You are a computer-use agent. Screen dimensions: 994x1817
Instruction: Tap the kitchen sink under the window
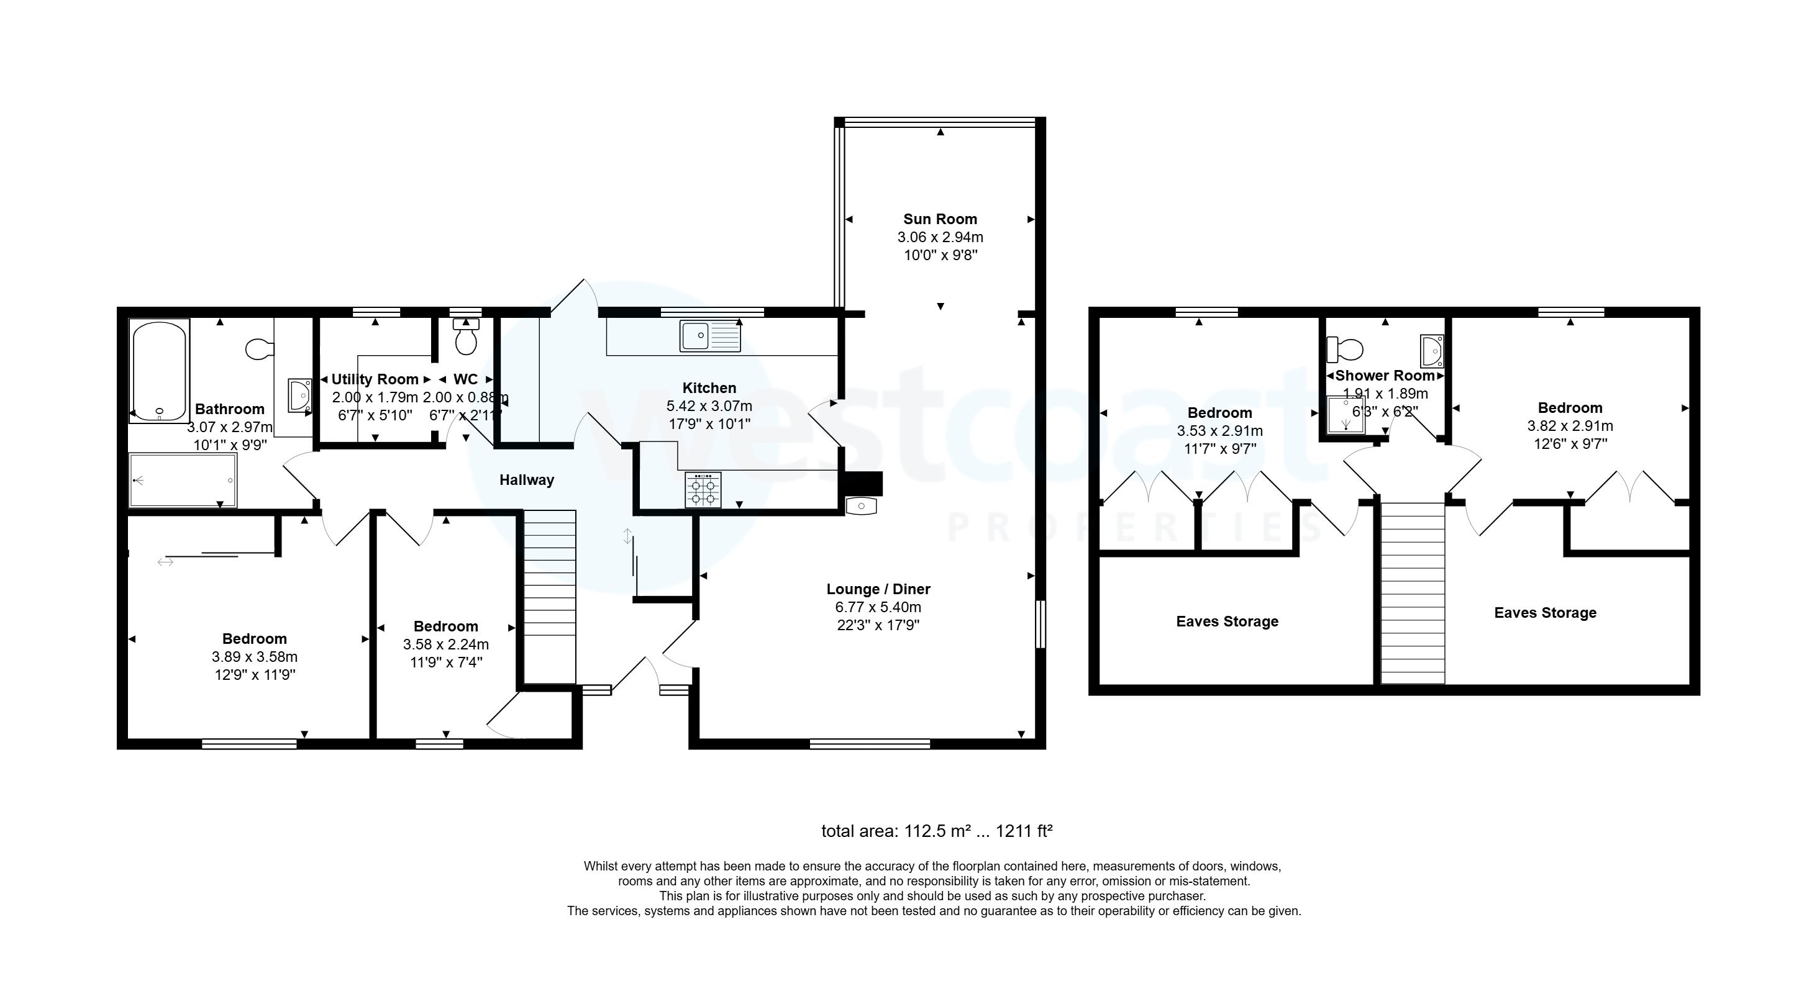[x=709, y=335]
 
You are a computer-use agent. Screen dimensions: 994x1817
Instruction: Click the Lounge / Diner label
[x=878, y=589]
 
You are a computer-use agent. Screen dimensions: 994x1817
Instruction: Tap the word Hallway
[x=526, y=480]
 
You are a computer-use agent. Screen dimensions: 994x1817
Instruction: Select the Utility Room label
[x=375, y=379]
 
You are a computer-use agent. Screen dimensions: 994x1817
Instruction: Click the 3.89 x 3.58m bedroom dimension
[x=254, y=657]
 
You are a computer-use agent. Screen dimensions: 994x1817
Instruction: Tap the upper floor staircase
[x=1412, y=592]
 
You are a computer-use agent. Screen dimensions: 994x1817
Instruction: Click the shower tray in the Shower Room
[x=1345, y=415]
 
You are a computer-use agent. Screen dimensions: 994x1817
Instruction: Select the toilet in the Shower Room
[x=1345, y=348]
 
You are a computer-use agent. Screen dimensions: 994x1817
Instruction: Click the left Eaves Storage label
[x=1227, y=621]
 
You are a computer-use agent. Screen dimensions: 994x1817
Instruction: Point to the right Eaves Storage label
[x=1545, y=613]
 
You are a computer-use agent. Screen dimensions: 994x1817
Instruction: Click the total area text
[x=936, y=831]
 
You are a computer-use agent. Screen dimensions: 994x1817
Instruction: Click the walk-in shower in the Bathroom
[x=183, y=480]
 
